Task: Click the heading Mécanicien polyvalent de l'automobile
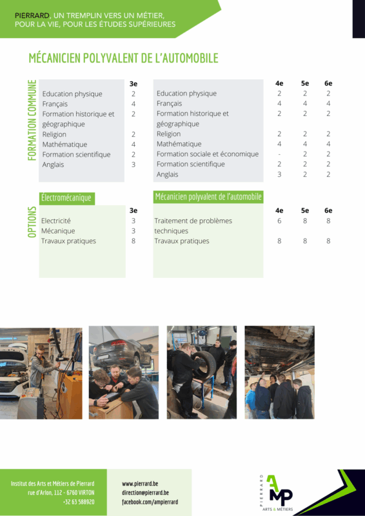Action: pos(123,58)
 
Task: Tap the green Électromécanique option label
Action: pos(67,199)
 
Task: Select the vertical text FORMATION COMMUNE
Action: pos(32,120)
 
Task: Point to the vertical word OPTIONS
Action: pos(32,222)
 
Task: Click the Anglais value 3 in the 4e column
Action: pos(279,174)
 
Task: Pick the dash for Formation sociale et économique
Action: pos(279,154)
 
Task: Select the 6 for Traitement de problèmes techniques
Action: pos(279,221)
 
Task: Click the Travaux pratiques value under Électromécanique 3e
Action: pos(133,241)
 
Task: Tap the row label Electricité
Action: pos(56,221)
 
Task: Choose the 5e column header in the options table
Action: pos(305,210)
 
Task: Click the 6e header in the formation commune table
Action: pos(328,83)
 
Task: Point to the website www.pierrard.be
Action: pos(140,484)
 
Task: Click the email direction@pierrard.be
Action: pos(146,493)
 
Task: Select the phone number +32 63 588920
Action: pos(79,502)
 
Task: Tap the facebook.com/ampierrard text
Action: pos(150,502)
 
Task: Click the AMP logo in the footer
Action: pos(277,493)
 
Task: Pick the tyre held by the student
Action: pos(204,365)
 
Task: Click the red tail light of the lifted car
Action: pos(119,343)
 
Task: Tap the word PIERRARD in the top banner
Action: pos(32,15)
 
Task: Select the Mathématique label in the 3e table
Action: pos(65,144)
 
